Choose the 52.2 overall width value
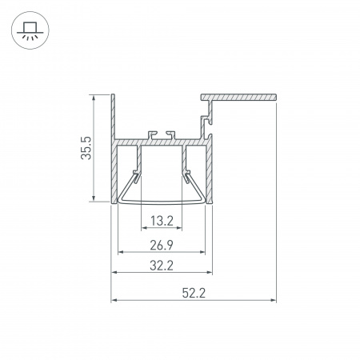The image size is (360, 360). click(x=194, y=294)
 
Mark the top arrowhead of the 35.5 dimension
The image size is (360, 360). click(x=95, y=98)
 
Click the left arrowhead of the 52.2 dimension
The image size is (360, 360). click(x=114, y=302)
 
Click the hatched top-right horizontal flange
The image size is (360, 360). click(x=240, y=98)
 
